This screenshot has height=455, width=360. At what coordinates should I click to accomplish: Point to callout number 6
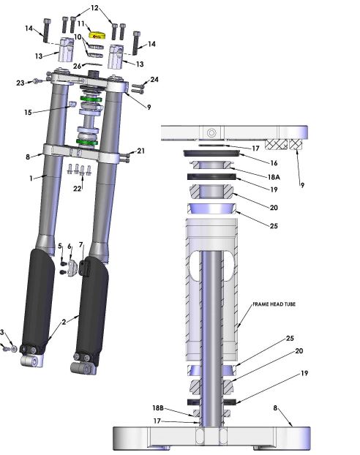point(70,247)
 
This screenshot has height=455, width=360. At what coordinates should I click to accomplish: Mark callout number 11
point(81,23)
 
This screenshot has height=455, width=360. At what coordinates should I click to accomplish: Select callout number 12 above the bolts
point(95,7)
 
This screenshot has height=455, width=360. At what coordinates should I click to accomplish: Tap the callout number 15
point(29,113)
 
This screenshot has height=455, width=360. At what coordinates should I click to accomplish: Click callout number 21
point(141,151)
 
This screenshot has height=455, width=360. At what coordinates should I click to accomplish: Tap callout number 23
point(20,83)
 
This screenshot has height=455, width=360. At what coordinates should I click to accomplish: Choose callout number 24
point(154,79)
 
